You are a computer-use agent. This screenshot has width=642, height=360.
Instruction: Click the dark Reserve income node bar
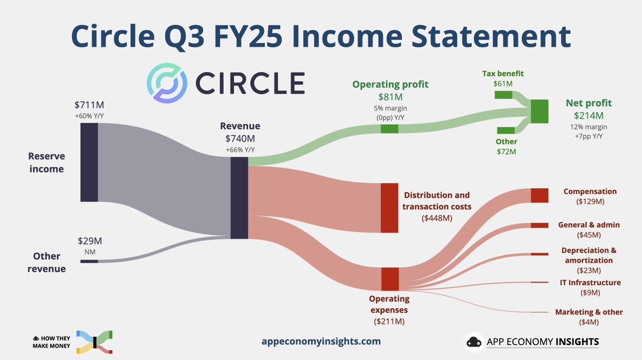89,162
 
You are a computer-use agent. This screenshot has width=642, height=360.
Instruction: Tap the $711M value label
89,105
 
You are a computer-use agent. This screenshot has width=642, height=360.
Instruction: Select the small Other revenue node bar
89,262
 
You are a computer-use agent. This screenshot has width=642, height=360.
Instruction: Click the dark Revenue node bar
239,198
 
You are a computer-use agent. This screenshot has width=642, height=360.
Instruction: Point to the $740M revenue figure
240,139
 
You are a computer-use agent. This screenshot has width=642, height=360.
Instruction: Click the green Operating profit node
389,129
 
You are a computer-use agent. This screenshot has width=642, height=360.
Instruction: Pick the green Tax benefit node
503,95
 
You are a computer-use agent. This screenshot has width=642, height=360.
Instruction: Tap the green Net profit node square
539,111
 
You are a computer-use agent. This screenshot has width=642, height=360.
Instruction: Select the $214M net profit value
588,116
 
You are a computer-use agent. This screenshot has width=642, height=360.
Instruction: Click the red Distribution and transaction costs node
389,208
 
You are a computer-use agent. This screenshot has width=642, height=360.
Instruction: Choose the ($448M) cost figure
437,218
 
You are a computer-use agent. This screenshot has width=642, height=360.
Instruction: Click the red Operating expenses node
390,279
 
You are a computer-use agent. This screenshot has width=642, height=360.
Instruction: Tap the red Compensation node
539,195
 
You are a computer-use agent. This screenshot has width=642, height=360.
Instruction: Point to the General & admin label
588,225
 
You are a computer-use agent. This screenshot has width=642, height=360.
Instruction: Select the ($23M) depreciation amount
588,270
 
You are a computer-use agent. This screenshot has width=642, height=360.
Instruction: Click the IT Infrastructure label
590,282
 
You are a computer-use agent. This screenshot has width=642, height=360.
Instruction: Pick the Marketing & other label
588,312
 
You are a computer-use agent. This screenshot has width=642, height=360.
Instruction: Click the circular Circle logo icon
167,83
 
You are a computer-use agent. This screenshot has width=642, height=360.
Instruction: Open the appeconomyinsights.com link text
321,341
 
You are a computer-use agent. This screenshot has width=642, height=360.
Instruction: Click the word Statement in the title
491,36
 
